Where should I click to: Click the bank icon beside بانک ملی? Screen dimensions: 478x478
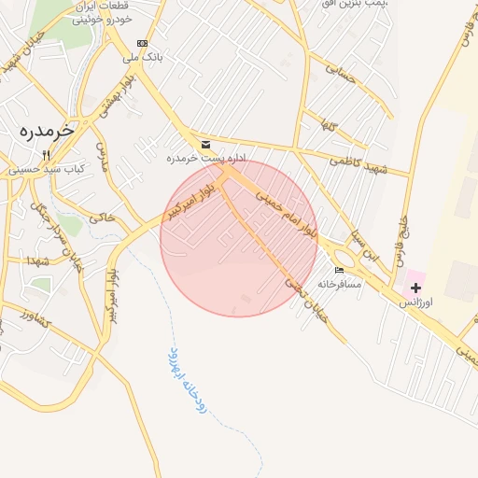pos(142,43)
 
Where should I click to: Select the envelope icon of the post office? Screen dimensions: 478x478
pos(205,145)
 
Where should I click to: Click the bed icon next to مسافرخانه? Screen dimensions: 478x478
pos(339,271)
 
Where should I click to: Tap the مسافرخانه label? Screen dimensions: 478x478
pos(339,283)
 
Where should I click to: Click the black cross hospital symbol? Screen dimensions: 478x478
pos(415,288)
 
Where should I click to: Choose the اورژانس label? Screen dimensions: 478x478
pos(416,303)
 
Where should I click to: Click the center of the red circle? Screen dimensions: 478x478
pos(239,238)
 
